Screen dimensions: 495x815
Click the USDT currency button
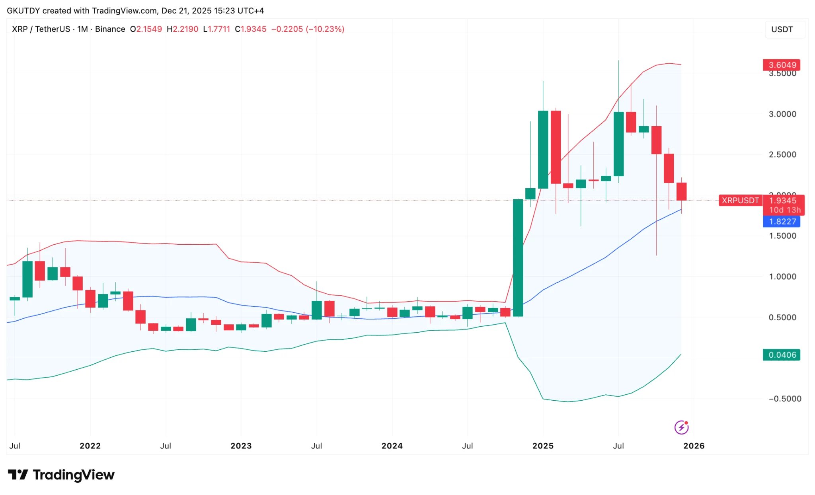tap(782, 29)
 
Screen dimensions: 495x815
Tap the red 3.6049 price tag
tap(781, 65)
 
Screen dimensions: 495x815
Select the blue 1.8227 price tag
tap(781, 222)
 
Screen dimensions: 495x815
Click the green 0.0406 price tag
tap(781, 355)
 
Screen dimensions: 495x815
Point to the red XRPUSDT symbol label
tap(740, 201)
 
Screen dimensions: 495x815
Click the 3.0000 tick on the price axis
tap(782, 114)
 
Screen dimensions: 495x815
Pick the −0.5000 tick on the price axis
tap(784, 399)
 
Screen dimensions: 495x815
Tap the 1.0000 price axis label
tap(782, 277)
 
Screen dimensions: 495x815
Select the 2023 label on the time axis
tap(241, 446)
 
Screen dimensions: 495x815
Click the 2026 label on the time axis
tap(694, 446)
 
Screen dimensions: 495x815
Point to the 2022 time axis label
tap(90, 446)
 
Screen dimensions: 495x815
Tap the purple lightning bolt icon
tap(681, 427)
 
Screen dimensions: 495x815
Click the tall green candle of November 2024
tap(518, 258)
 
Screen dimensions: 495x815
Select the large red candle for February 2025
tap(556, 147)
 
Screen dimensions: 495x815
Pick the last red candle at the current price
tap(681, 191)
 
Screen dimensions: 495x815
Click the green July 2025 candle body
tap(618, 144)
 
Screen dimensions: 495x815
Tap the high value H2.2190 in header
tap(182, 29)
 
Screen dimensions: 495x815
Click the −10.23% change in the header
tap(325, 29)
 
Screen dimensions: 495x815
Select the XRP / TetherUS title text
tap(41, 29)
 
